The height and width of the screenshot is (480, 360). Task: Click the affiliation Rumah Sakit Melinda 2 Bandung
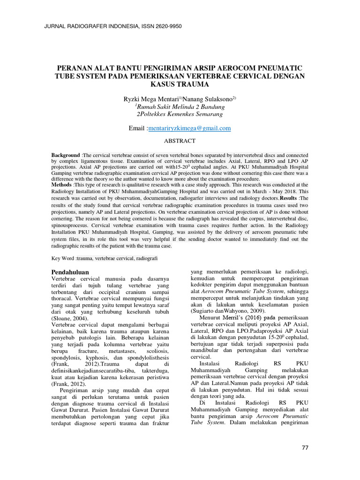click(180, 106)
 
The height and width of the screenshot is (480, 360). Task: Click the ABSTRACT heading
click(180, 140)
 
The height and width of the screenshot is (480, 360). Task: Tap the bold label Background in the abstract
click(66, 155)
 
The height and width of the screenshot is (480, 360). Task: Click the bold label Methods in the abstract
click(61, 185)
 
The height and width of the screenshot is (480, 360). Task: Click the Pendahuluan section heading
click(69, 272)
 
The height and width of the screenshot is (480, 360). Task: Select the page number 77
click(305, 448)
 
